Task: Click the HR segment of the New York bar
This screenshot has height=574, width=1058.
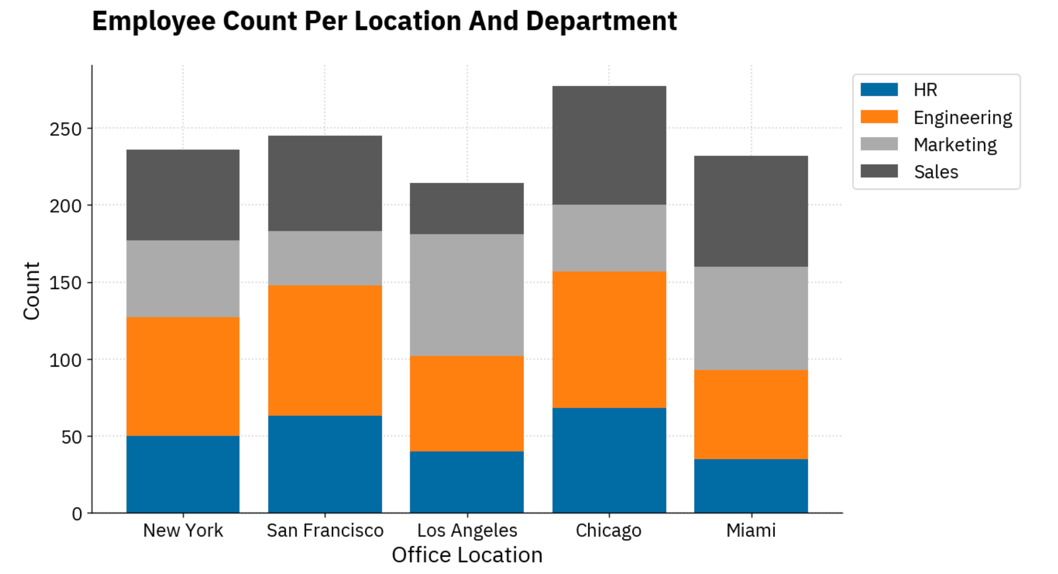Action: (x=183, y=474)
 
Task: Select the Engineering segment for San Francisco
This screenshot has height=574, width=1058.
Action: (x=325, y=350)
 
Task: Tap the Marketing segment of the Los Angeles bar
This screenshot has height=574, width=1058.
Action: (x=467, y=295)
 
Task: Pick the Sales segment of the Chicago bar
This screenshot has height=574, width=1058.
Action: (x=609, y=145)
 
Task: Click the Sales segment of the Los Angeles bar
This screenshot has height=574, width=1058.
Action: (x=467, y=208)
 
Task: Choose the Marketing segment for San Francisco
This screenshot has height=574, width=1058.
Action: (x=325, y=258)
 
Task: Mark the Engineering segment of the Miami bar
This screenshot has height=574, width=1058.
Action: (x=751, y=414)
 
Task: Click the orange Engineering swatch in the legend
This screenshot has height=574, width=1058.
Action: (x=879, y=117)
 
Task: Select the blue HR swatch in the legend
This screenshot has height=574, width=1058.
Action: (x=879, y=90)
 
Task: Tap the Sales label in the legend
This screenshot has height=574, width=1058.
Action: (x=936, y=172)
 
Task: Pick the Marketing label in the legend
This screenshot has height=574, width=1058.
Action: (x=955, y=145)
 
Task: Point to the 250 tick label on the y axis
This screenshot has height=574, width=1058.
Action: (x=66, y=129)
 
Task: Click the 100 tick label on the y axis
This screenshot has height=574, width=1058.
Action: (x=66, y=360)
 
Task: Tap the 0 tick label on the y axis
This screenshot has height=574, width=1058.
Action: (x=77, y=514)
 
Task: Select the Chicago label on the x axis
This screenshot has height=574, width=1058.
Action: (x=608, y=530)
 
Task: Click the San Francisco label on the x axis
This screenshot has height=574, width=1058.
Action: (x=325, y=530)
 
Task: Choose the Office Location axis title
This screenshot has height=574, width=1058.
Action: (x=467, y=555)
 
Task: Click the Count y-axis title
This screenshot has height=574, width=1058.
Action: (x=32, y=290)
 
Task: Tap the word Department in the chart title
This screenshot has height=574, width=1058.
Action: (x=601, y=21)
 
